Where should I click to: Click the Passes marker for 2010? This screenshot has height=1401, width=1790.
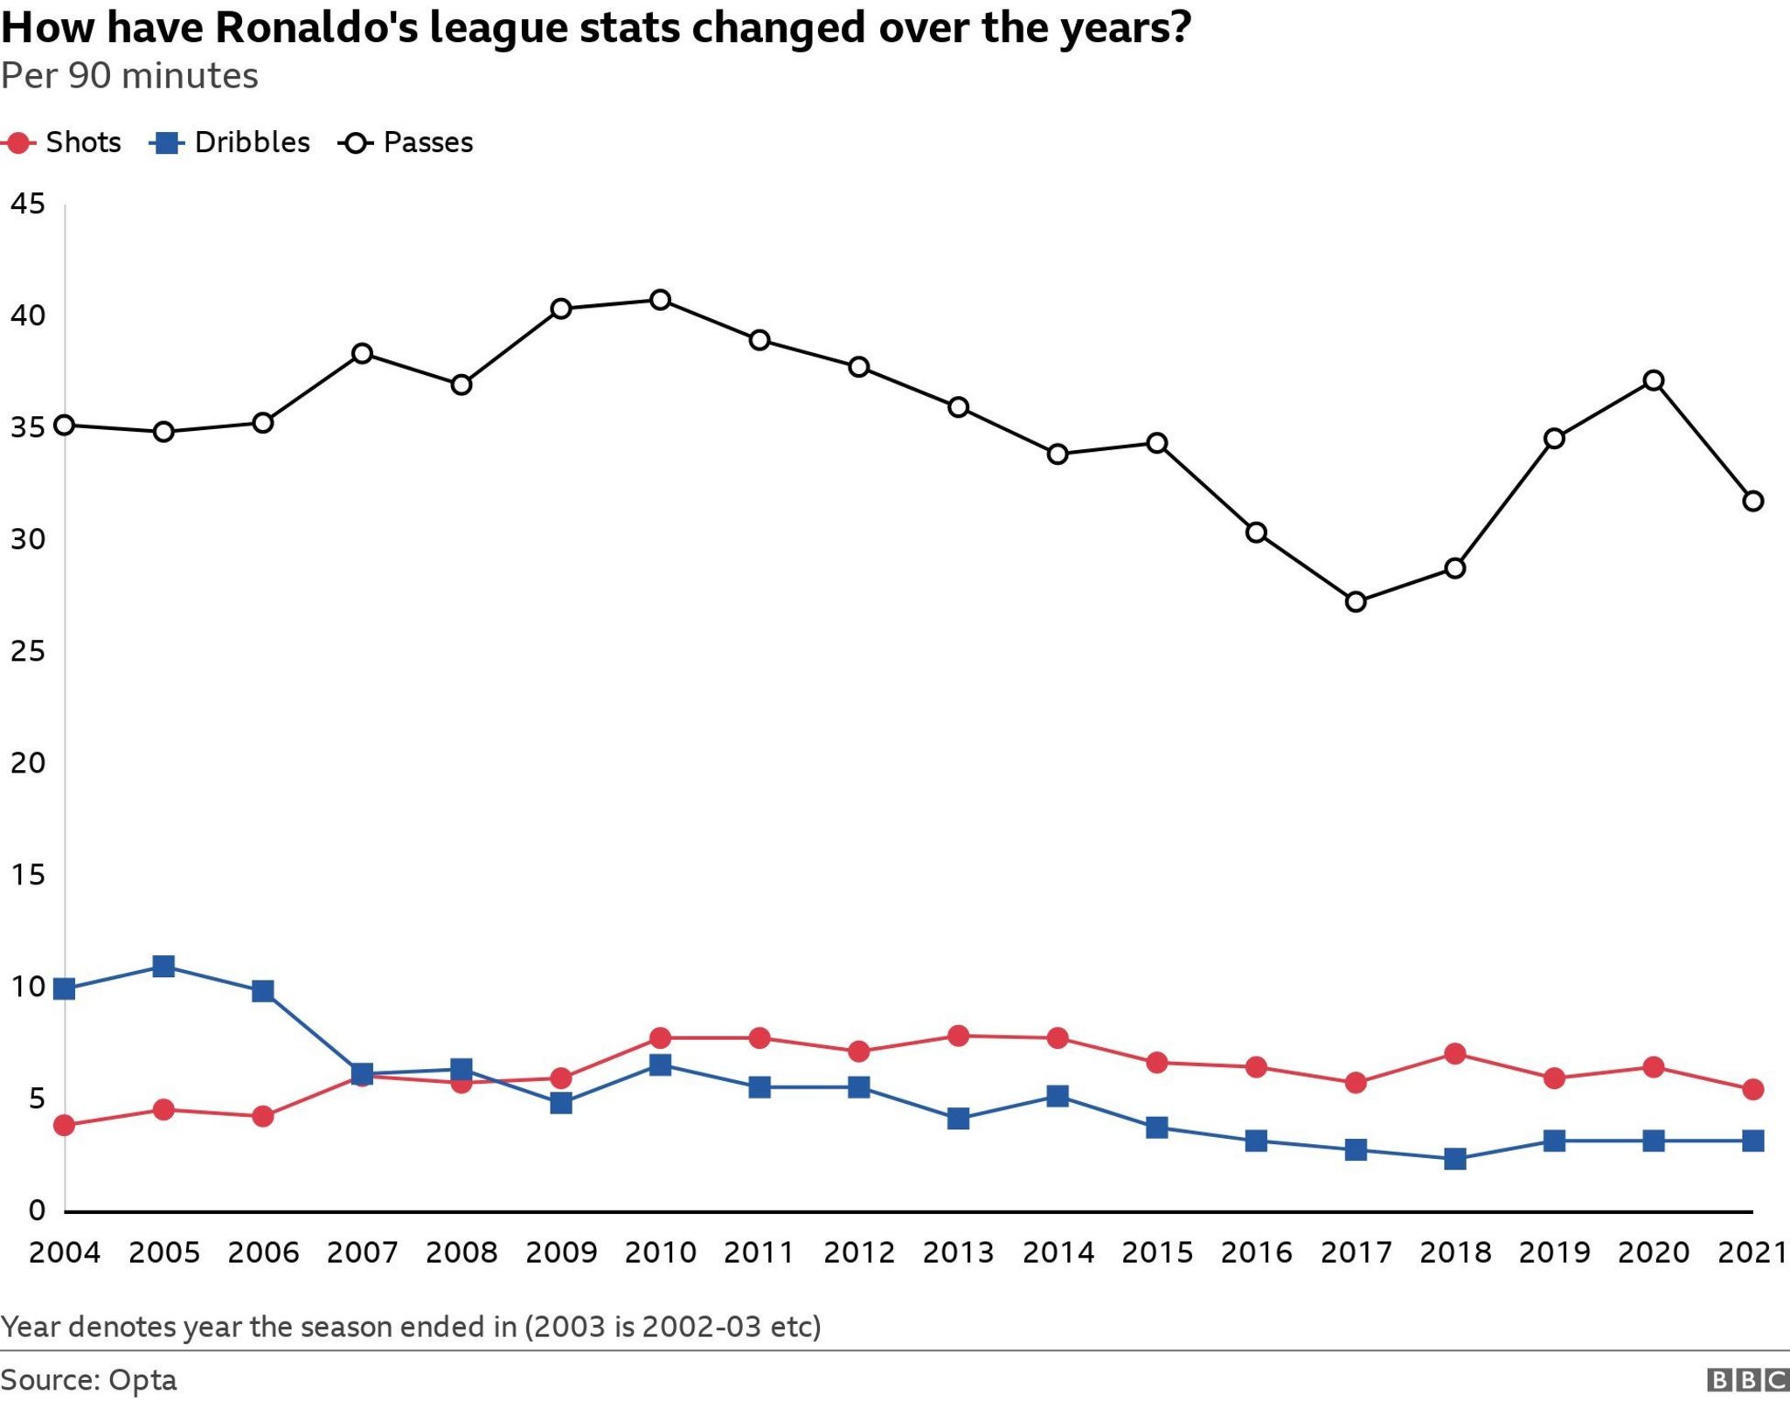tap(661, 300)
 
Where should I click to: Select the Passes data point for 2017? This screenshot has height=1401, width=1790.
tap(1356, 601)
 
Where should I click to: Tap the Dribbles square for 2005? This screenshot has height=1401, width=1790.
tap(163, 966)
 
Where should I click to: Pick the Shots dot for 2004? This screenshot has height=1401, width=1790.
tap(64, 1125)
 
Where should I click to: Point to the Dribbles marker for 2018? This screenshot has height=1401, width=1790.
tap(1455, 1159)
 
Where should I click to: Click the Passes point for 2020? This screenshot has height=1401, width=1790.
tap(1654, 380)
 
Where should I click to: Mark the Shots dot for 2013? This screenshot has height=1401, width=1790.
tap(958, 1036)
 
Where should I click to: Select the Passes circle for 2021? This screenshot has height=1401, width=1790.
tap(1752, 501)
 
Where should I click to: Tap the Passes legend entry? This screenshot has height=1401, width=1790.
tap(407, 142)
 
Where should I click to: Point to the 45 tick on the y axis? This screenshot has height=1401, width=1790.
tap(27, 204)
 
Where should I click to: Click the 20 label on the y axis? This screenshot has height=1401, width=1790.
tap(27, 762)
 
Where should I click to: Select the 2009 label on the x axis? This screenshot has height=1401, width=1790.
tap(561, 1252)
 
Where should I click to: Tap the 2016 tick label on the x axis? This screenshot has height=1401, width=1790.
tap(1256, 1252)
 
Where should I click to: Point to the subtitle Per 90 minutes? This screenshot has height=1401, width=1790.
tap(129, 76)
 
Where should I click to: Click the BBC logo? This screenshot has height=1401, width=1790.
tap(1747, 1380)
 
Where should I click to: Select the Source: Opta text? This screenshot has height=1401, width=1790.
tap(89, 1380)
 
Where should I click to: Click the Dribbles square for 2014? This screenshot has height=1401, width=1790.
tap(1058, 1096)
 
